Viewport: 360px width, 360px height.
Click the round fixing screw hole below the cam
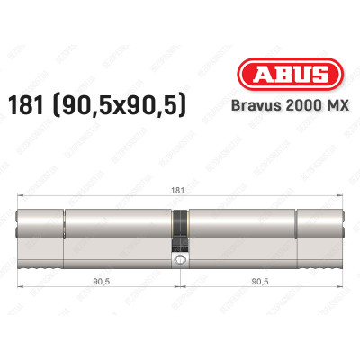[181, 261]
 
